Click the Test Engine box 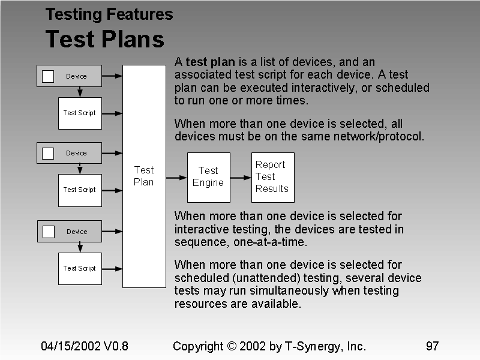[x=208, y=177]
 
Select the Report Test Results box [x=272, y=177]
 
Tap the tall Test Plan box [x=144, y=176]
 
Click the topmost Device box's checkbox [x=48, y=76]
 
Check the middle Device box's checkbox [x=48, y=153]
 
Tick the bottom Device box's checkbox [x=48, y=232]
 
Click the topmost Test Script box [x=80, y=113]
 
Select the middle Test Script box [x=80, y=190]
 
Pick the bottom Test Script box [x=80, y=268]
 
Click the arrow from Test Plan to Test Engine [x=176, y=178]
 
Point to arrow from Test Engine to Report [x=241, y=178]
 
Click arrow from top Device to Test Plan [x=112, y=76]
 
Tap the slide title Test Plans [x=104, y=40]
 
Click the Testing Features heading [x=109, y=14]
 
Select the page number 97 [x=432, y=346]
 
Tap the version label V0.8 [x=116, y=346]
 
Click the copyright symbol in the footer [x=232, y=346]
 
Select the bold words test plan [x=211, y=62]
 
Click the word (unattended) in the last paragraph [x=253, y=278]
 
